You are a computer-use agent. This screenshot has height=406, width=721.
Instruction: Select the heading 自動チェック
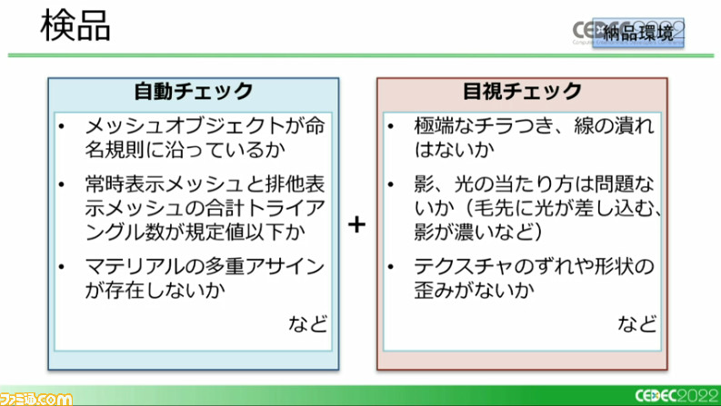pyautogui.click(x=193, y=92)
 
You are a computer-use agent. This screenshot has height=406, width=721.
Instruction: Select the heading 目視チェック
pyautogui.click(x=522, y=92)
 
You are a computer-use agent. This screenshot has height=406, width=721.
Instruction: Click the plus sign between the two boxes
pyautogui.click(x=357, y=223)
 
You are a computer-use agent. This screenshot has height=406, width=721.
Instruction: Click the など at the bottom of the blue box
pyautogui.click(x=309, y=323)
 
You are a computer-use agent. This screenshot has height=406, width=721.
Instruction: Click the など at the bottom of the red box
pyautogui.click(x=637, y=323)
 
